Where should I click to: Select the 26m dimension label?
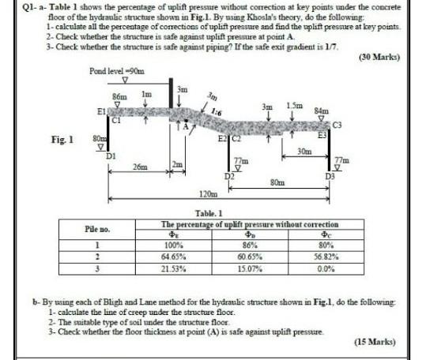coord(139,167)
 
